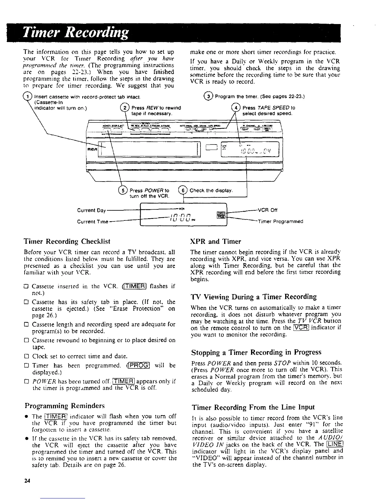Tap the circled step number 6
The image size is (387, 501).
pyautogui.click(x=183, y=190)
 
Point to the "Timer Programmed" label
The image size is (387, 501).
pyautogui.click(x=280, y=221)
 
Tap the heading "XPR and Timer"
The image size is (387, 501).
pyautogui.click(x=216, y=242)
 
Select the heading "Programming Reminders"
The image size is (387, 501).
pyautogui.click(x=64, y=406)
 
